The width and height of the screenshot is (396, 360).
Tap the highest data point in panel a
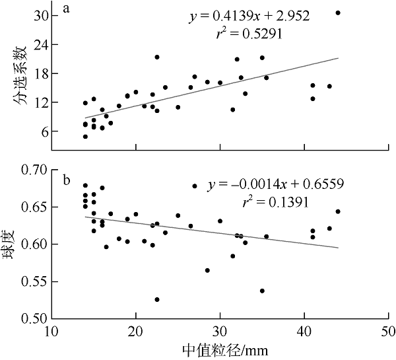pyautogui.click(x=338, y=13)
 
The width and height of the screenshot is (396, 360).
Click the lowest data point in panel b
pyautogui.click(x=157, y=299)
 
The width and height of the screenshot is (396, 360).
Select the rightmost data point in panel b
pyautogui.click(x=338, y=211)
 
